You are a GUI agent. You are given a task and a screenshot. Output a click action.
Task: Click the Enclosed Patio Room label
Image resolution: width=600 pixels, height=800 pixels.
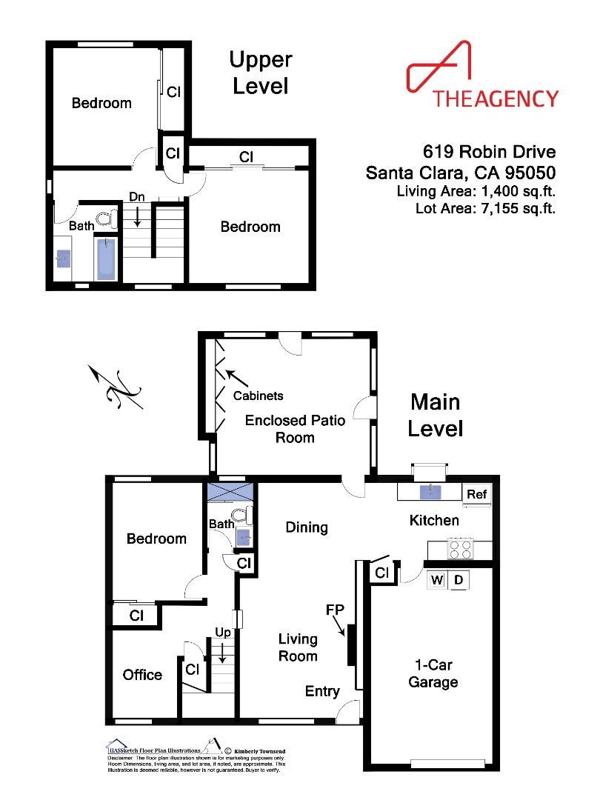pyautogui.click(x=295, y=429)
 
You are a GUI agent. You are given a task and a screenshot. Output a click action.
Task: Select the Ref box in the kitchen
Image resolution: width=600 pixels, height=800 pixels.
pyautogui.click(x=474, y=495)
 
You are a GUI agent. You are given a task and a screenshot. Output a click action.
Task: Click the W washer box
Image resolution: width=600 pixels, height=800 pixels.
pyautogui.click(x=437, y=580)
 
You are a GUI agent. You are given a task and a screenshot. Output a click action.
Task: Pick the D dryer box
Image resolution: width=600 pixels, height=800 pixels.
pyautogui.click(x=459, y=580)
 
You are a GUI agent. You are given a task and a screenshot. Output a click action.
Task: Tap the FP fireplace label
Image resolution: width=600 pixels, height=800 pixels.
pyautogui.click(x=334, y=610)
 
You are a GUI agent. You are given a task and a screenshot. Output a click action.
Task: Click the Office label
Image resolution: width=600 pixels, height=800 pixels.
pyautogui.click(x=142, y=675)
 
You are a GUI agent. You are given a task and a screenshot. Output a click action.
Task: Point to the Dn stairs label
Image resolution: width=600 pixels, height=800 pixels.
pyautogui.click(x=136, y=197)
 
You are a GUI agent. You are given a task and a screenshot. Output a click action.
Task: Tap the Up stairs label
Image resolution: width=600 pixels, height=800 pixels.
pyautogui.click(x=222, y=633)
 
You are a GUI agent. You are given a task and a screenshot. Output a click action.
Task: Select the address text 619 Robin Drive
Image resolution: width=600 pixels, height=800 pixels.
pyautogui.click(x=489, y=153)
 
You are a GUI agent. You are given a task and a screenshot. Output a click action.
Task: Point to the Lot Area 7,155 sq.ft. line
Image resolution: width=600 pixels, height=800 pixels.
pyautogui.click(x=485, y=208)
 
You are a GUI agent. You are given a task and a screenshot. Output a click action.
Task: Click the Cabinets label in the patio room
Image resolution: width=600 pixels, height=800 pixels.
pyautogui.click(x=258, y=396)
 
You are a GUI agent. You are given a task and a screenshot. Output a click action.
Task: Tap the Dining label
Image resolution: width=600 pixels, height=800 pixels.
pyautogui.click(x=307, y=527)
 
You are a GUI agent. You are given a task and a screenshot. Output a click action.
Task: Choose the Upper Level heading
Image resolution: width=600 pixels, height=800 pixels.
pyautogui.click(x=260, y=73)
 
